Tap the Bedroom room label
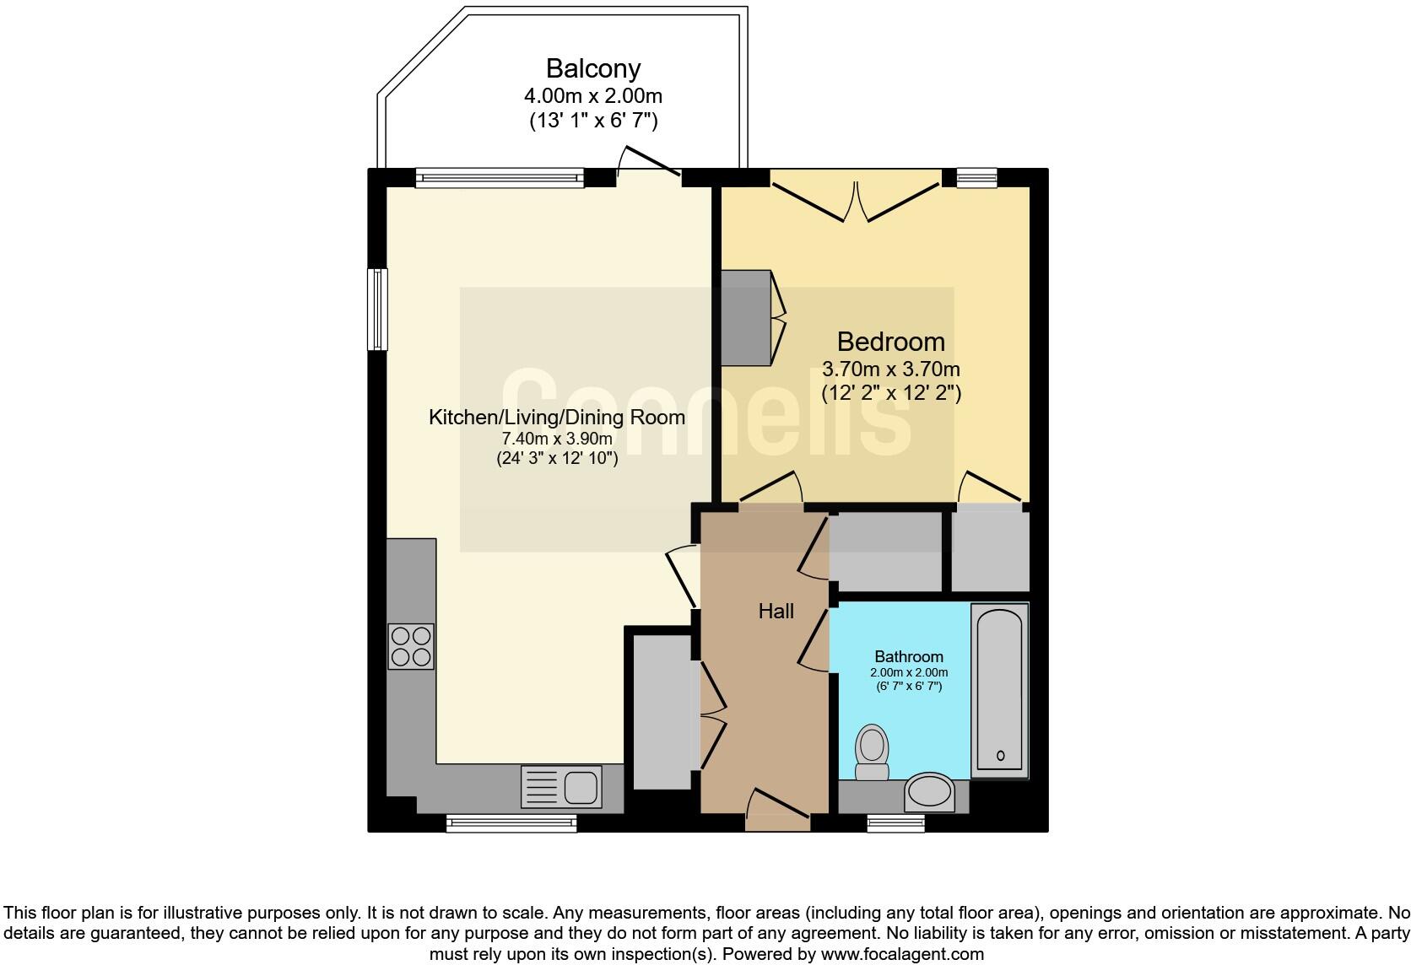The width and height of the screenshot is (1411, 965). pyautogui.click(x=890, y=342)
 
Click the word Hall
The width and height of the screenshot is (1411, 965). pyautogui.click(x=776, y=611)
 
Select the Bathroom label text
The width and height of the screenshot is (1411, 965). pyautogui.click(x=908, y=656)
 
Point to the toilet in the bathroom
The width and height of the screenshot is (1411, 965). pyautogui.click(x=872, y=753)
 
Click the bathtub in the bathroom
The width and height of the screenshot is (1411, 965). pyautogui.click(x=999, y=689)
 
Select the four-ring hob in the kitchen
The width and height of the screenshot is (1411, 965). pyautogui.click(x=411, y=646)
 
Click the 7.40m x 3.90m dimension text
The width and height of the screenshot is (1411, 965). pyautogui.click(x=557, y=439)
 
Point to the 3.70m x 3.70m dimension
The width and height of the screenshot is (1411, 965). pyautogui.click(x=890, y=369)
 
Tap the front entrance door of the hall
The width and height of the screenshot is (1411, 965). pyautogui.click(x=777, y=806)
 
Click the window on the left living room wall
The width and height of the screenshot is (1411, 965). pyautogui.click(x=377, y=309)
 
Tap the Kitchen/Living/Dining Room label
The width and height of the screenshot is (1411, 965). pyautogui.click(x=557, y=418)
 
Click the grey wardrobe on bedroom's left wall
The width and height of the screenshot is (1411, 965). pyautogui.click(x=746, y=317)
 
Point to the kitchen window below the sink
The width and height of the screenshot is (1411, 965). pyautogui.click(x=511, y=822)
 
